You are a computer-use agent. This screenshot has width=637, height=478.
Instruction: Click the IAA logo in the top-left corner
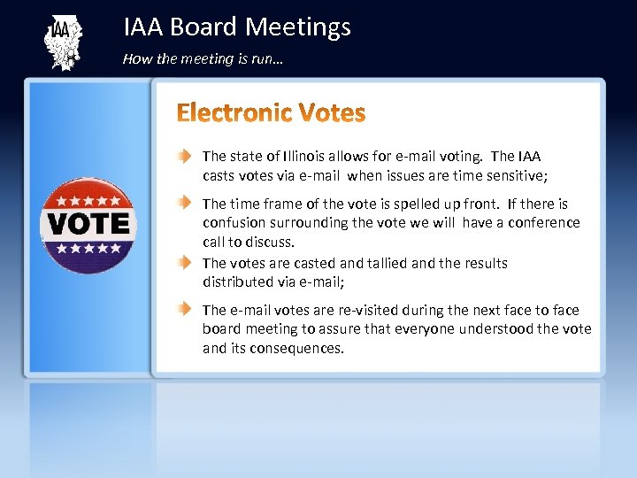click(x=62, y=42)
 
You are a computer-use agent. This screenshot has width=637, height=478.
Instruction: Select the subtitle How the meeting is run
click(x=203, y=59)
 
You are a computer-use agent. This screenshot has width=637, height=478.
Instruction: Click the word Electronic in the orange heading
click(x=234, y=113)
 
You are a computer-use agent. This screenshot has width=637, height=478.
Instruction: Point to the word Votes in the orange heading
click(x=332, y=113)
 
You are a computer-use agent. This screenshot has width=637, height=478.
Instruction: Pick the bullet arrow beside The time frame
click(x=182, y=204)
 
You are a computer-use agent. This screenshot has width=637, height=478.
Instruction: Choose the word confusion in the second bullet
click(x=237, y=223)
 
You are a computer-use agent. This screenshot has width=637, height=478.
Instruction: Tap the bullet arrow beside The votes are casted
click(x=182, y=263)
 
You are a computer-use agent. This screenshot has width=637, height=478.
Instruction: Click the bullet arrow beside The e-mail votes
click(x=182, y=310)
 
